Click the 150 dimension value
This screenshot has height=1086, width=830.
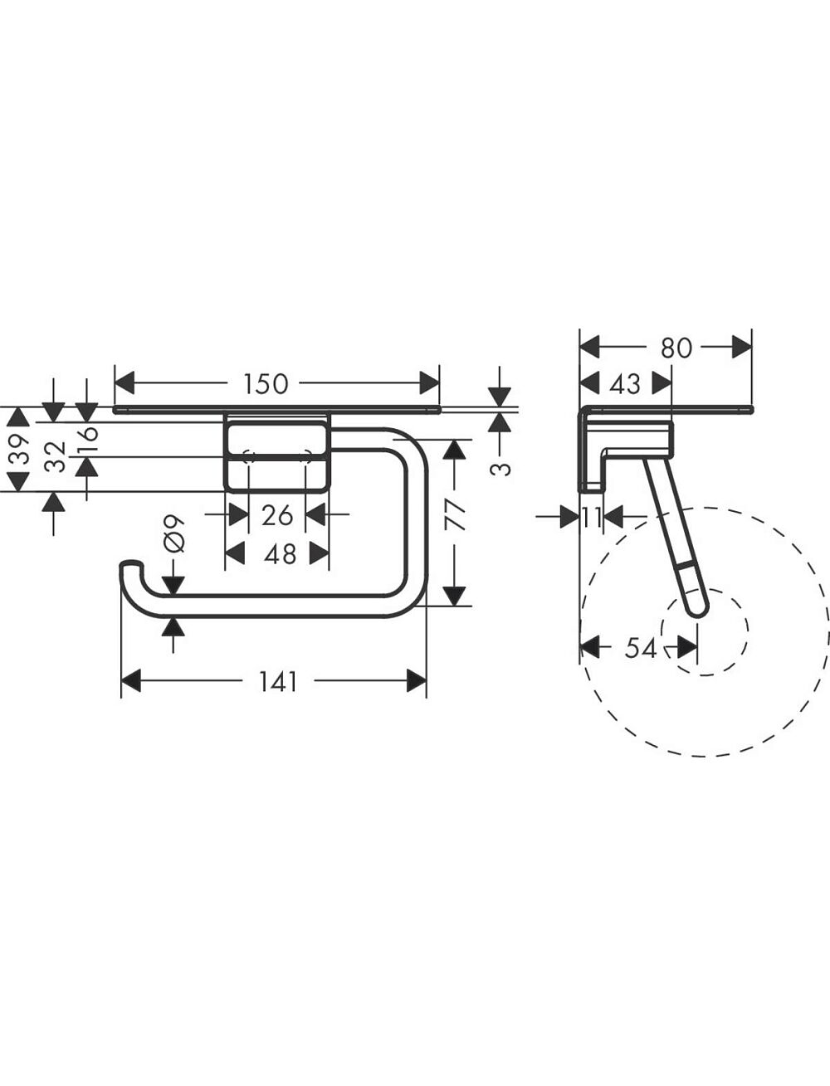[x=266, y=384]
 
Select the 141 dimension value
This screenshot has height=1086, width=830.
[x=278, y=682]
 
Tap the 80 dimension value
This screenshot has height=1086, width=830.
[x=676, y=348]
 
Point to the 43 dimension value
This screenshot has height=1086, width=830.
[x=626, y=384]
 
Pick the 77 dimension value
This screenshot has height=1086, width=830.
[x=456, y=515]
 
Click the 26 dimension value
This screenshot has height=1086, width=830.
[x=277, y=515]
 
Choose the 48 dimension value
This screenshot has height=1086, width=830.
[x=280, y=553]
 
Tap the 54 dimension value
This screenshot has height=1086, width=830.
[x=641, y=648]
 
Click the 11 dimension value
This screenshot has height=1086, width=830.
[x=592, y=518]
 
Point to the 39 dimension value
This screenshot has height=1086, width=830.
[x=20, y=449]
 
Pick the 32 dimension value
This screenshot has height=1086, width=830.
[x=55, y=456]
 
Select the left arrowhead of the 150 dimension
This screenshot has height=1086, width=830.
[x=124, y=383]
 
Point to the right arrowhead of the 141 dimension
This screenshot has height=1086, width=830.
[x=416, y=681]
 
